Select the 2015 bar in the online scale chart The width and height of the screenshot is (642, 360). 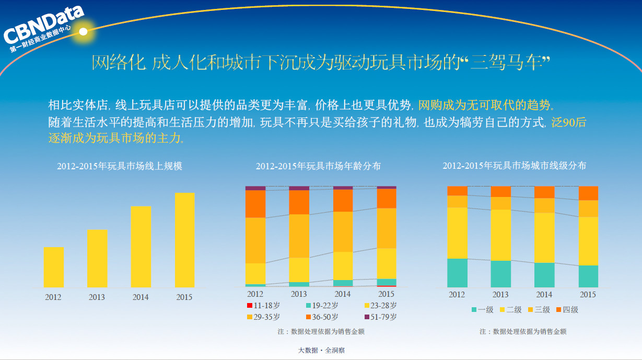(x=184, y=240)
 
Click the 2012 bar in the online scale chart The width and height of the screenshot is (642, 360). (x=53, y=267)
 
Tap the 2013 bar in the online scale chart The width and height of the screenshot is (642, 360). (x=97, y=258)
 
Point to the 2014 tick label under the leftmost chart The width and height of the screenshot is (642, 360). (x=141, y=297)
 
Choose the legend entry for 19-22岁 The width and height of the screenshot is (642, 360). (x=322, y=306)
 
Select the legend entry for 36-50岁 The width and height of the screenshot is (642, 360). (x=322, y=317)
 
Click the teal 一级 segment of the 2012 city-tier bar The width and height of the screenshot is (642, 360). (x=457, y=273)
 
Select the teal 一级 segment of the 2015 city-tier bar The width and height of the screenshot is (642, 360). (x=588, y=276)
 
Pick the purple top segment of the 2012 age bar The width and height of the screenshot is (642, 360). (x=255, y=188)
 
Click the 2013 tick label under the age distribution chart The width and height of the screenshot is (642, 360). (x=299, y=294)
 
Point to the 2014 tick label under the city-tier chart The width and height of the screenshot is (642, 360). (x=544, y=295)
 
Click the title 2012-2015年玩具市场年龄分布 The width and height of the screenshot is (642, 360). (x=318, y=166)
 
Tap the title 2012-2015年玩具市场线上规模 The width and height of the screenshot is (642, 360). (x=120, y=166)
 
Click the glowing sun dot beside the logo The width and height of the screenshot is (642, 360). (x=83, y=31)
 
